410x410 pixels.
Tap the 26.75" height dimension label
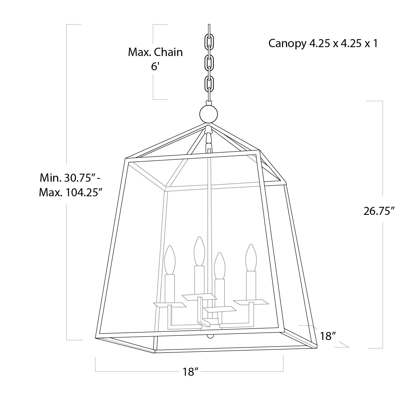pyautogui.click(x=379, y=211)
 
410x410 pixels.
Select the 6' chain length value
pyautogui.click(x=155, y=67)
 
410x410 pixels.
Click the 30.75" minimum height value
pyautogui.click(x=80, y=178)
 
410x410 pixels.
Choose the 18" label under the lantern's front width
pyautogui.click(x=191, y=372)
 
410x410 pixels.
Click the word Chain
pyautogui.click(x=169, y=52)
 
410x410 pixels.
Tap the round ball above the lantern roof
pyautogui.click(x=209, y=113)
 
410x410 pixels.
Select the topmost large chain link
pyautogui.click(x=209, y=42)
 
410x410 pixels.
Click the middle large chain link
pyautogui.click(x=209, y=63)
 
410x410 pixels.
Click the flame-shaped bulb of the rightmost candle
pyautogui.click(x=251, y=257)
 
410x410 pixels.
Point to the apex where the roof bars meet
pyautogui.click(x=209, y=125)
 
